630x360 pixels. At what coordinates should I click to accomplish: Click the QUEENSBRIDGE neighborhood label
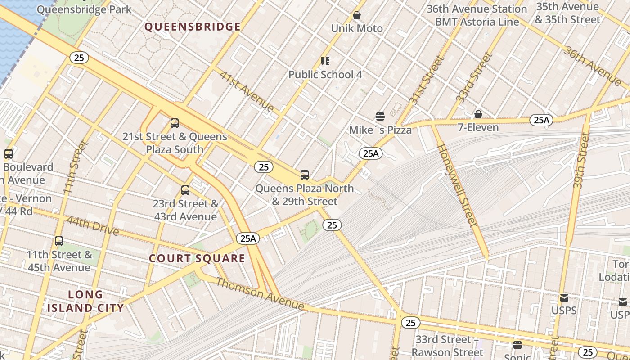pyautogui.click(x=193, y=27)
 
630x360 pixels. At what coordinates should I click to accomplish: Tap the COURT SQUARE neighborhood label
pyautogui.click(x=197, y=258)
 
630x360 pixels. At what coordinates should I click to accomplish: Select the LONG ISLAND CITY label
pyautogui.click(x=85, y=301)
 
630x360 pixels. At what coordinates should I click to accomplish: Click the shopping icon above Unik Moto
pyautogui.click(x=357, y=16)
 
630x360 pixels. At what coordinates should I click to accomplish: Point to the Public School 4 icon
pyautogui.click(x=325, y=61)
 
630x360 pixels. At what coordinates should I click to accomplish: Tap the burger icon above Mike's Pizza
pyautogui.click(x=380, y=117)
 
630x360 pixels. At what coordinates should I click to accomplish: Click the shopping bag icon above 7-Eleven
pyautogui.click(x=478, y=114)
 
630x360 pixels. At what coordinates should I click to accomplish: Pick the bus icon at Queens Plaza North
pyautogui.click(x=305, y=175)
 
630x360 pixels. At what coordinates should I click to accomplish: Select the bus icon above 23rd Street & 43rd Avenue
pyautogui.click(x=185, y=190)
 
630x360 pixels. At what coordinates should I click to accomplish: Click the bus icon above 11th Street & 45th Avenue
pyautogui.click(x=59, y=241)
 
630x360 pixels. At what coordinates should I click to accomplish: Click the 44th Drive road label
pyautogui.click(x=92, y=226)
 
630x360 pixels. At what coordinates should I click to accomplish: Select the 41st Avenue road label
pyautogui.click(x=247, y=91)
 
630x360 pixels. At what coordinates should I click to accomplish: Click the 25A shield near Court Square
pyautogui.click(x=248, y=238)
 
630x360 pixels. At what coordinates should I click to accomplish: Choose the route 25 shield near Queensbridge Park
pyautogui.click(x=79, y=58)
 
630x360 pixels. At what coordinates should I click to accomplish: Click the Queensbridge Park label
pyautogui.click(x=85, y=9)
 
